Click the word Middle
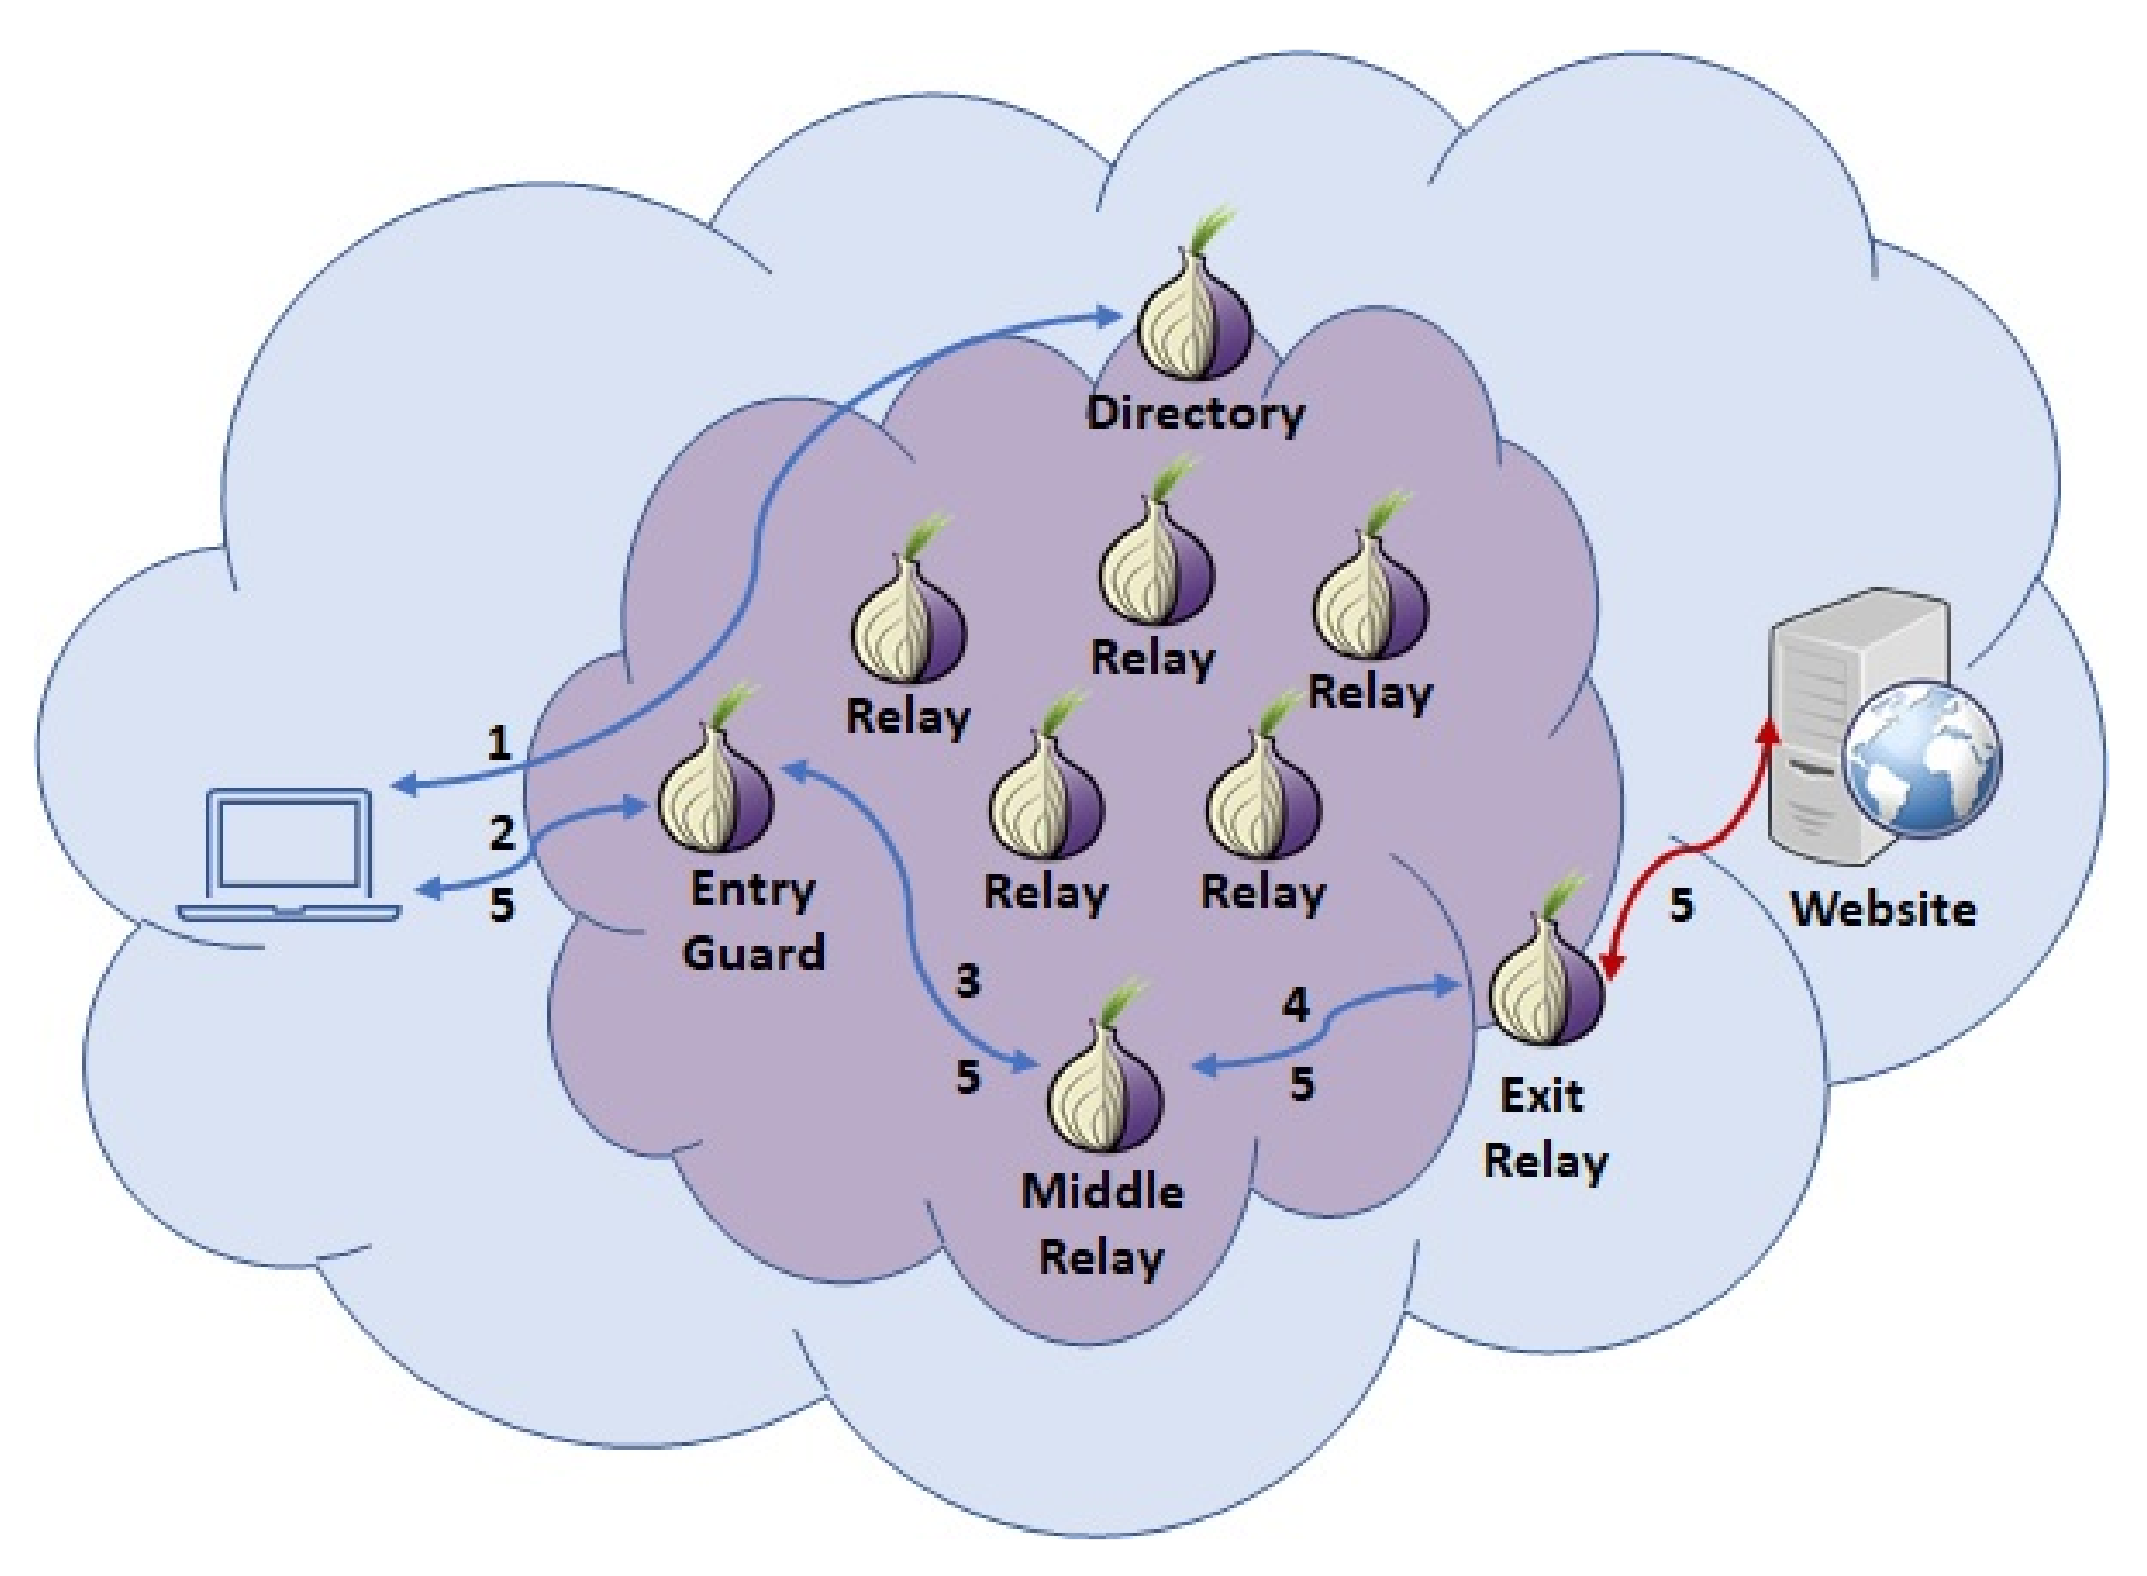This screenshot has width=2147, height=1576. point(1103,1192)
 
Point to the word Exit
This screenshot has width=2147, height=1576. point(1542,1095)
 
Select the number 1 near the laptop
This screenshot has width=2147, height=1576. point(498,743)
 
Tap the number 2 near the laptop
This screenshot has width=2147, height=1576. point(502,833)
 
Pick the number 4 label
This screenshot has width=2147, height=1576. point(1296,1005)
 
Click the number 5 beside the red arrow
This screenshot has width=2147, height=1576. point(1681,904)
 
